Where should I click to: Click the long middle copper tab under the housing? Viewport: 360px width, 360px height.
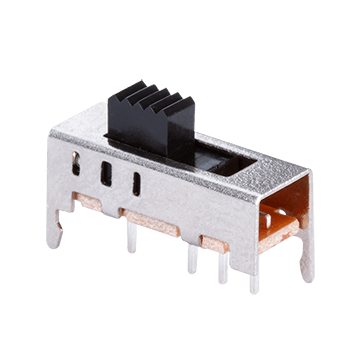[150, 218]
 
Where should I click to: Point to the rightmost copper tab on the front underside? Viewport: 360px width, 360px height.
[214, 239]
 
